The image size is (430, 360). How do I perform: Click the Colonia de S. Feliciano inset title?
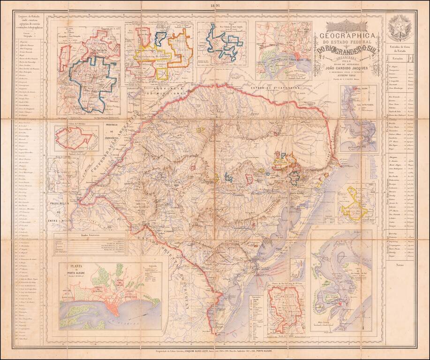(x=72, y=124)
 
